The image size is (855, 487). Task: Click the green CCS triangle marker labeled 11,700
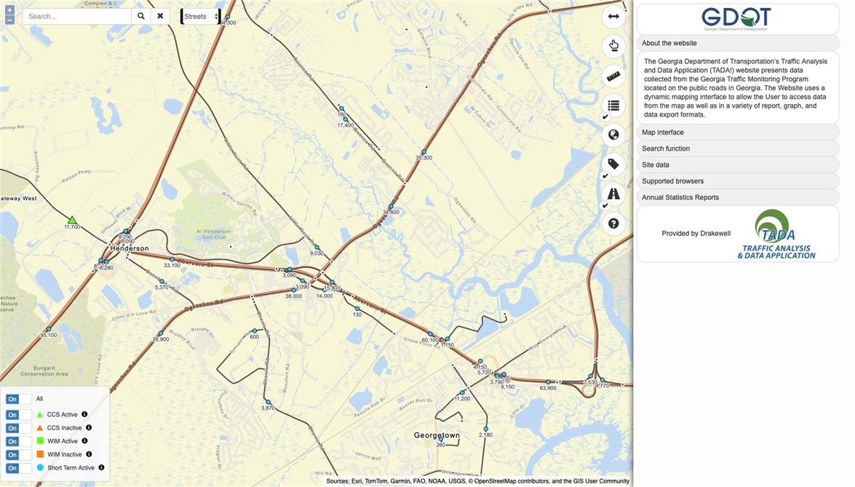coord(72,220)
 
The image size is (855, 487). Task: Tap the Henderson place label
coord(130,248)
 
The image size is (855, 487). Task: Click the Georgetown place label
coord(437,435)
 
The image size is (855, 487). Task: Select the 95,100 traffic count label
coord(49,335)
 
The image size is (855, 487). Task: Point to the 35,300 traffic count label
coord(423,157)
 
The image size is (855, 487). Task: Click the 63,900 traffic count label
coord(548,388)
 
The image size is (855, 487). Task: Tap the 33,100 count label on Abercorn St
coord(172,266)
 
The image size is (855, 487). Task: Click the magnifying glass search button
coord(141,16)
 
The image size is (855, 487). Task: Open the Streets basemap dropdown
coord(201,16)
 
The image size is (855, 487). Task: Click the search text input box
coord(76,16)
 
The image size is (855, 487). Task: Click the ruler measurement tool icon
coord(613,75)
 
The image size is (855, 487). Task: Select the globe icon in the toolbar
coord(613,134)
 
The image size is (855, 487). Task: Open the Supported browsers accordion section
coord(737,181)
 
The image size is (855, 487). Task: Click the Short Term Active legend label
coord(71,468)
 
